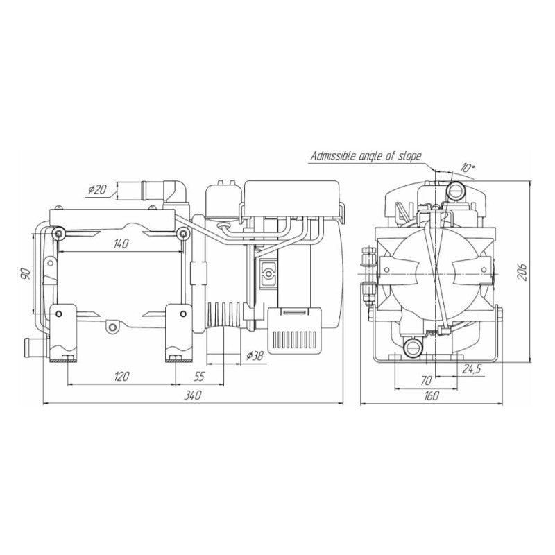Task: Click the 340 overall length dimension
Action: pos(193,395)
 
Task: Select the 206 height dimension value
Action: pos(522,272)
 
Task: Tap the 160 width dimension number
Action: pos(431,395)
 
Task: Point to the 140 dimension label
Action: pos(121,244)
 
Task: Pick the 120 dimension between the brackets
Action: pos(121,376)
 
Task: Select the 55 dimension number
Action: pos(200,376)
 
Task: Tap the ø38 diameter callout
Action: pos(255,355)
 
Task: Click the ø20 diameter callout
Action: pos(97,189)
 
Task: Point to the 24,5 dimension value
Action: pos(472,369)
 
